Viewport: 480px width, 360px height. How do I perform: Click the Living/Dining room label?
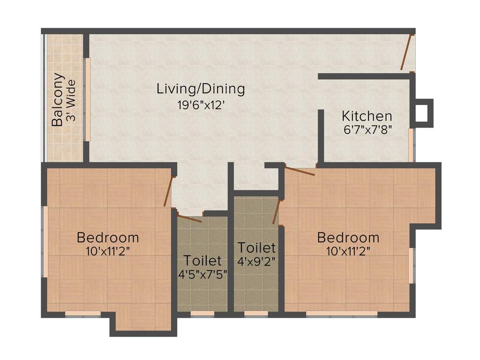click(201, 88)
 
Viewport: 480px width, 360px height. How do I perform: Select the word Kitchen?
click(367, 116)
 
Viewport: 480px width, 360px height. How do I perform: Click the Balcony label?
click(58, 99)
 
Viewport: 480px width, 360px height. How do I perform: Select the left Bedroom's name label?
click(108, 237)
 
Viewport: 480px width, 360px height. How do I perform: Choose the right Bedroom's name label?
click(348, 237)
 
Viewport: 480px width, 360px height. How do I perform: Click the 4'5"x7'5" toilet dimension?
click(202, 274)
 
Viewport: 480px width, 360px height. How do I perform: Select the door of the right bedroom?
click(300, 172)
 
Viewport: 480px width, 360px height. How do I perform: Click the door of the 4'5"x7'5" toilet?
click(190, 217)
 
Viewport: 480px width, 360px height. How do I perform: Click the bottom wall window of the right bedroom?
click(342, 314)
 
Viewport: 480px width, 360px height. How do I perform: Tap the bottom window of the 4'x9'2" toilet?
click(256, 314)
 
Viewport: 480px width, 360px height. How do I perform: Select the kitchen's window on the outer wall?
click(411, 145)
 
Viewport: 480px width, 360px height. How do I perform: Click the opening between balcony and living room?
click(87, 99)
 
